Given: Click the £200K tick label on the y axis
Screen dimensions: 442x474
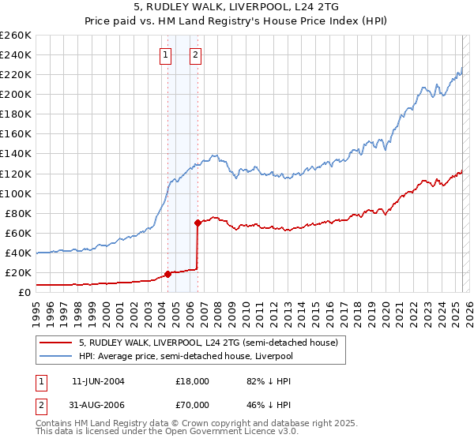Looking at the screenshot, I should click(16, 94).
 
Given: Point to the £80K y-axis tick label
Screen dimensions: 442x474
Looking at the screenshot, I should click(18, 213).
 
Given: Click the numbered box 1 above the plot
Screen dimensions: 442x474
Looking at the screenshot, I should click(166, 55).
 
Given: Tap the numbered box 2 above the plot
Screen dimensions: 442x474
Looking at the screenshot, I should click(195, 55).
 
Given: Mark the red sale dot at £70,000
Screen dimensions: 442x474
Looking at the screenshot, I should click(197, 223).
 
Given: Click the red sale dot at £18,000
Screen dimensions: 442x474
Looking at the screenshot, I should click(167, 275).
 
